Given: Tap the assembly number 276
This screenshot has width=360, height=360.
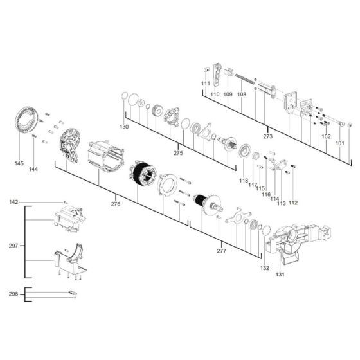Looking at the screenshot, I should pyautogui.click(x=116, y=204).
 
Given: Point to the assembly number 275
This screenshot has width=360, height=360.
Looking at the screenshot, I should pyautogui.click(x=179, y=153).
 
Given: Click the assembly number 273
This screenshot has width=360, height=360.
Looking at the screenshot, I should pyautogui.click(x=268, y=136).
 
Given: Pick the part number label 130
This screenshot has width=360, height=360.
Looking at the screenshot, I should pyautogui.click(x=124, y=127).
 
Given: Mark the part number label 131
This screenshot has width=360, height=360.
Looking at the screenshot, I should pyautogui.click(x=280, y=274).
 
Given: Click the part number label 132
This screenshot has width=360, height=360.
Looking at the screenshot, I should pyautogui.click(x=265, y=267).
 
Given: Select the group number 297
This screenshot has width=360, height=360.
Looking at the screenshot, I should pyautogui.click(x=13, y=245).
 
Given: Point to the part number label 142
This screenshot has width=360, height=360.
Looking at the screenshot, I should pyautogui.click(x=14, y=202).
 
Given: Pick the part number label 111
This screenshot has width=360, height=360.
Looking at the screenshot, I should pyautogui.click(x=205, y=84).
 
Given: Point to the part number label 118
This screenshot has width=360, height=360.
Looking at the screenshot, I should pyautogui.click(x=244, y=181).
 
